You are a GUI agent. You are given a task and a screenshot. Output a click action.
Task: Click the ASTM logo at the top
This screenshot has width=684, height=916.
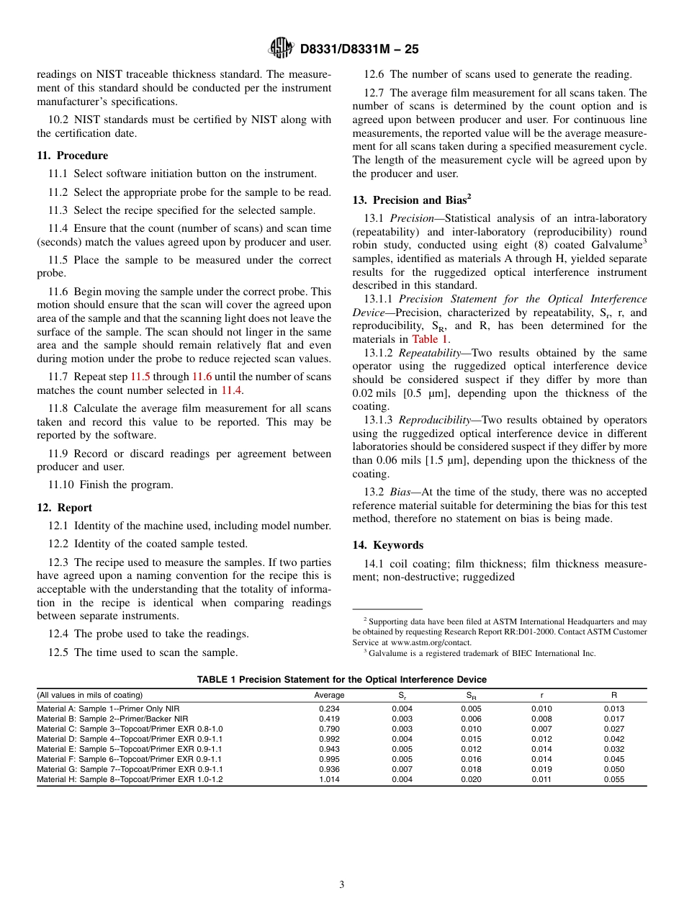pos(280,48)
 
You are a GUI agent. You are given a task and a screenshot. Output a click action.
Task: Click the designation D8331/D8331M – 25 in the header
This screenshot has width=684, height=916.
pos(359,49)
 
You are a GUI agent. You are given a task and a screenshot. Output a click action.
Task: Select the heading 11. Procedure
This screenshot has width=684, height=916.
pos(73,156)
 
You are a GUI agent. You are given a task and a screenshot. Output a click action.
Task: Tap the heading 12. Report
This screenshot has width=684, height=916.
pos(65,508)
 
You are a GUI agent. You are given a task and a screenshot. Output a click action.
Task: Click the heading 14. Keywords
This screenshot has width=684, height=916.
pos(388,545)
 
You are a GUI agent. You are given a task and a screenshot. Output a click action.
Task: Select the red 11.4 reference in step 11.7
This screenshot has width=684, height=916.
pos(231,390)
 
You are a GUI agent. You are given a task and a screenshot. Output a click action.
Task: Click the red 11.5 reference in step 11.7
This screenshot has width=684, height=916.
pos(140,377)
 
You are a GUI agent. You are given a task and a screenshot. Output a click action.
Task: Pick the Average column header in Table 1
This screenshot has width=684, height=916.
pos(329,696)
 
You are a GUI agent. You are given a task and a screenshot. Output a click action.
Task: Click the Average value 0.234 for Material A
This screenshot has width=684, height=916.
pos(329,709)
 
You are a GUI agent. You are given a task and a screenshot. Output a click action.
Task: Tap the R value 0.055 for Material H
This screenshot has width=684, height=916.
pos(614,779)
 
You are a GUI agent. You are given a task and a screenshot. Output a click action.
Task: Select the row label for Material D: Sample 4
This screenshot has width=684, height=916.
pos(130,739)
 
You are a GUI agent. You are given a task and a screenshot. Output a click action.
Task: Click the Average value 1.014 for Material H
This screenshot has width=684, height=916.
pos(329,779)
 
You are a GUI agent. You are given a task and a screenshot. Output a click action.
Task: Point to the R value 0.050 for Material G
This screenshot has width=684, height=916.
pos(614,769)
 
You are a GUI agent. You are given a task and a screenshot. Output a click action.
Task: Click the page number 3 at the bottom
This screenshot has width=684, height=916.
pos(342,885)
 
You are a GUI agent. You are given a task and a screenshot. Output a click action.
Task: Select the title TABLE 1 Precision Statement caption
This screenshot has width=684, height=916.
pos(342,680)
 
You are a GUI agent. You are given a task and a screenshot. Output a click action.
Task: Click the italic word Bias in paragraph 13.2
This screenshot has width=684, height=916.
pos(401,493)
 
